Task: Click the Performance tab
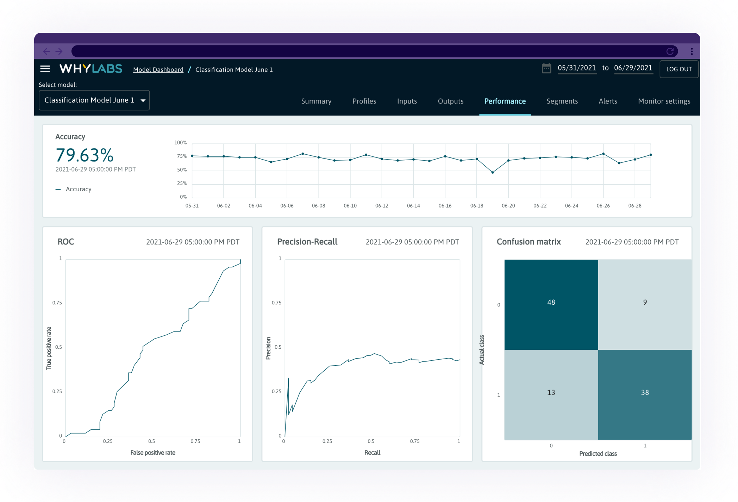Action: coord(505,101)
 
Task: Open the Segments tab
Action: coord(562,101)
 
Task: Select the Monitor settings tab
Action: coord(664,101)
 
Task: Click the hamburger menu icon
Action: coord(45,69)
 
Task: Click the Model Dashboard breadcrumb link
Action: coord(158,70)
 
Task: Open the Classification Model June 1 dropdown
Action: coord(94,100)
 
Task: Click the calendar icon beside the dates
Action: coord(546,68)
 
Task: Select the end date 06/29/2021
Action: coord(633,68)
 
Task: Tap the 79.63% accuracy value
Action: coord(85,155)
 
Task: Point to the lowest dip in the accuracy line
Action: coord(492,172)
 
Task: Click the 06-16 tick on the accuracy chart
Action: coord(445,206)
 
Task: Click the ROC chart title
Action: coord(66,242)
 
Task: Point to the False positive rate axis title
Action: coord(152,453)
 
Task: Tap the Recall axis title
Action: coord(372,453)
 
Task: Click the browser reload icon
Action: coord(670,51)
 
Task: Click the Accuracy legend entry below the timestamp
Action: coord(78,189)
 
